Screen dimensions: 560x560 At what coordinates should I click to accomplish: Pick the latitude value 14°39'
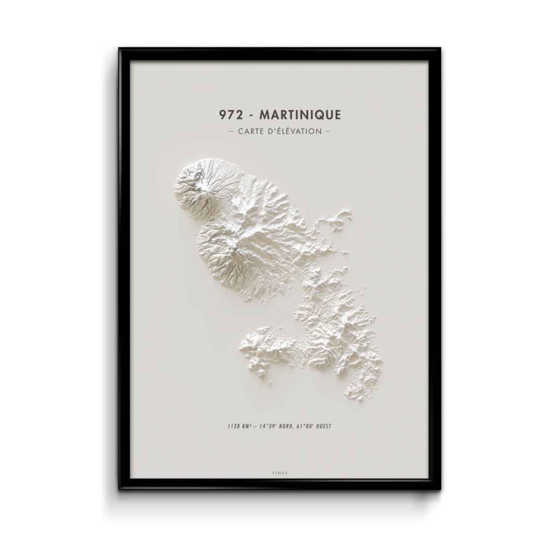[270, 426]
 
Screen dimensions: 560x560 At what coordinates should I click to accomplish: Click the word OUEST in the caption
[325, 426]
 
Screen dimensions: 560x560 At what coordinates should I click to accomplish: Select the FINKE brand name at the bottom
[279, 473]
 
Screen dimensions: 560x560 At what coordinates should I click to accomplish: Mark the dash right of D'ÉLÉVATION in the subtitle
[327, 131]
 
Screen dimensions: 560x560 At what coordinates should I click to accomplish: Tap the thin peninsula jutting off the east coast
[337, 218]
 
